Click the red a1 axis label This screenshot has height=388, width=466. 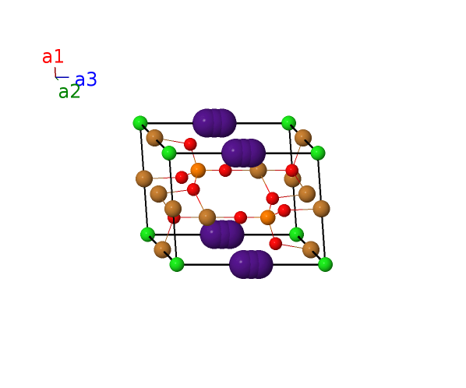tap(53, 57)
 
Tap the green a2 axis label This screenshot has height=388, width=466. tap(69, 91)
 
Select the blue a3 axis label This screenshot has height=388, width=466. tap(86, 79)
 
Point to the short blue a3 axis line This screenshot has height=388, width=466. tap(62, 77)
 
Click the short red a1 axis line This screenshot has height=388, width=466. tap(55, 72)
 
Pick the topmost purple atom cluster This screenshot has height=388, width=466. tap(214, 123)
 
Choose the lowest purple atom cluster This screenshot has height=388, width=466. tap(251, 264)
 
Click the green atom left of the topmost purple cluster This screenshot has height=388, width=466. tap(140, 123)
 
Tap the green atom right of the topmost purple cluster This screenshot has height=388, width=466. tap(288, 123)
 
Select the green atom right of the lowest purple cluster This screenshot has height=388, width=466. tap(325, 264)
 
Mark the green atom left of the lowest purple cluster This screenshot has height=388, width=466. tap(177, 264)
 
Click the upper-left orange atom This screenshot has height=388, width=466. tap(198, 170)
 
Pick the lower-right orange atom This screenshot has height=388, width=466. tap(267, 217)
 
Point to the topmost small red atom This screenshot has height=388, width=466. tap(190, 144)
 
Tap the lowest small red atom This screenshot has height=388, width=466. tap(276, 244)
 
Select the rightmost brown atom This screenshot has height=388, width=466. tap(321, 209)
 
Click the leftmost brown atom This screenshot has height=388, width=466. tap(144, 179)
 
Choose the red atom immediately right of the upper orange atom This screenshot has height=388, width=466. tap(225, 171)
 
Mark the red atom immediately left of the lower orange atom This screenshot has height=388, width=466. tap(241, 217)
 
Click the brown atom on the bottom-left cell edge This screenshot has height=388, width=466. tap(162, 249)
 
